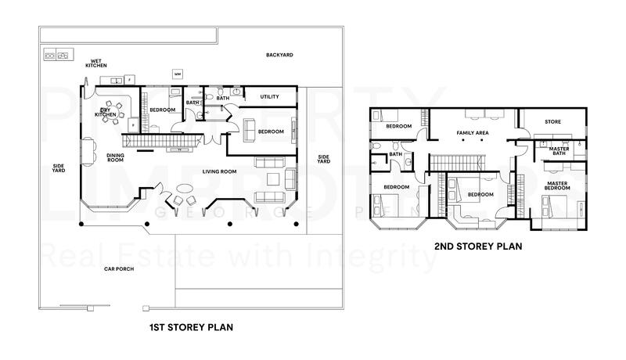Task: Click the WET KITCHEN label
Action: [96, 63]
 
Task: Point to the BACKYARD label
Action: [279, 55]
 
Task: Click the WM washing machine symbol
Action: [178, 75]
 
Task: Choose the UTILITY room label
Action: [269, 97]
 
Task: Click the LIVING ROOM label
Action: [221, 171]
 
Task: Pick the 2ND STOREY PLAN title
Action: [478, 246]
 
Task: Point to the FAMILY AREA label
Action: [473, 133]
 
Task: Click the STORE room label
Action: [553, 121]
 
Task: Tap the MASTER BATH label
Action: [559, 150]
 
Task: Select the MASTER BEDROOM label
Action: [557, 186]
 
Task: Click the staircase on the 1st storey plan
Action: [164, 140]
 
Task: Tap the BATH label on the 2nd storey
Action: [395, 154]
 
